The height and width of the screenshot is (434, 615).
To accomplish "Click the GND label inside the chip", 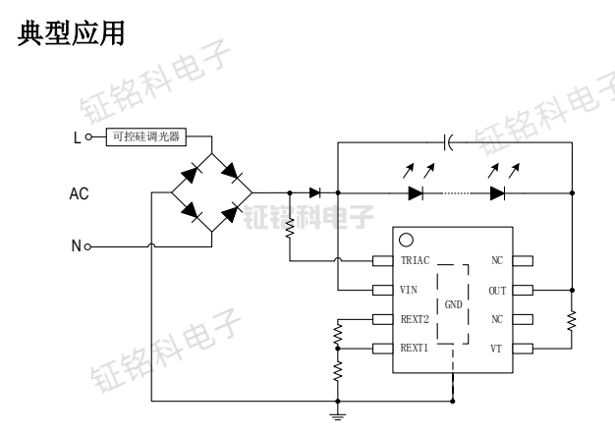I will (x=454, y=304).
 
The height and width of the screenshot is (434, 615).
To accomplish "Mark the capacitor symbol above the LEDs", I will (x=448, y=143).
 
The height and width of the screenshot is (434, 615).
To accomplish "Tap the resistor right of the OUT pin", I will (x=573, y=319).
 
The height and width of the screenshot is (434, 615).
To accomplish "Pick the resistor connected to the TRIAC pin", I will (x=291, y=229).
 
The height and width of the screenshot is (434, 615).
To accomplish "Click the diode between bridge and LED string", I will (x=314, y=192).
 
